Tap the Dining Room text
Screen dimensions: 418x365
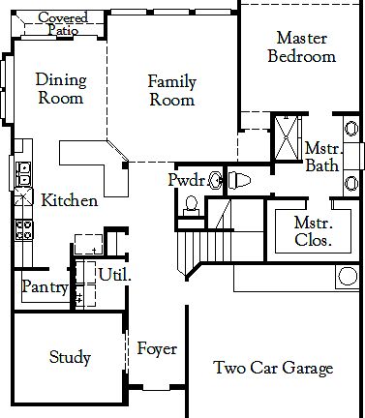pos(60,89)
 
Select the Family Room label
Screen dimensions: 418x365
pos(171,90)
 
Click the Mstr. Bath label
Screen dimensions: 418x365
pos(320,157)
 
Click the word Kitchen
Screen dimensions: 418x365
pos(69,200)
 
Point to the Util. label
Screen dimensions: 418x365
pos(114,274)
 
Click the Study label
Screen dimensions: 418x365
pos(70,357)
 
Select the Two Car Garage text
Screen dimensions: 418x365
pos(273,368)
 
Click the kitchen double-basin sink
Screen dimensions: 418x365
pos(24,174)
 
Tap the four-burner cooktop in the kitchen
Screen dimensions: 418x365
pos(24,229)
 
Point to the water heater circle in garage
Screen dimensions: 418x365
pos(348,277)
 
